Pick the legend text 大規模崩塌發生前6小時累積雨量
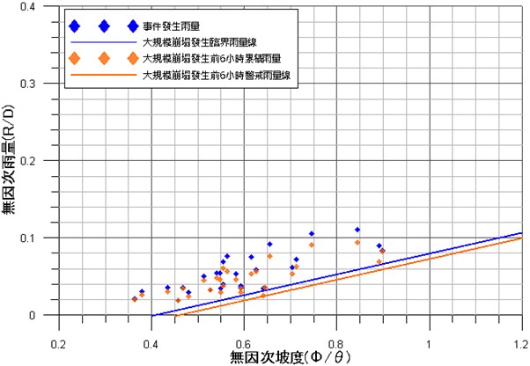(x=210, y=59)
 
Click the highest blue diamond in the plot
(x=357, y=230)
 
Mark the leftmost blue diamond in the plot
(x=134, y=298)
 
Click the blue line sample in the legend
(x=104, y=41)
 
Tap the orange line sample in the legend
(x=104, y=77)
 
